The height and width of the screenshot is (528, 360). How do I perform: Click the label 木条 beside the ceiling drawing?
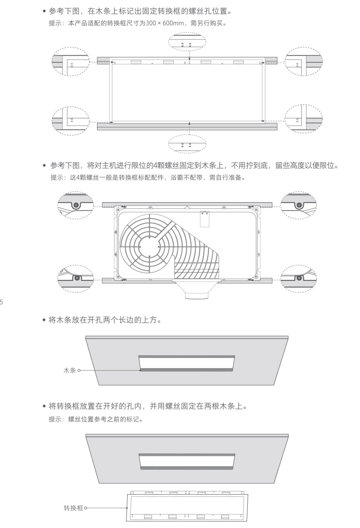[70, 370]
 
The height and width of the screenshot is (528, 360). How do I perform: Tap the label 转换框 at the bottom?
[73, 508]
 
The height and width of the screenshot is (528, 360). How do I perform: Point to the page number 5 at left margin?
[1, 302]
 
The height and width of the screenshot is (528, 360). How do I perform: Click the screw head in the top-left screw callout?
[76, 205]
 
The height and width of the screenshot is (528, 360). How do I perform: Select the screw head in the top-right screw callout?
[299, 205]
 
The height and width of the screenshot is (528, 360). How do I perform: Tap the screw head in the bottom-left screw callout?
[77, 278]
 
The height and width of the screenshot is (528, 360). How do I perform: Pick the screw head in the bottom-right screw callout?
[299, 278]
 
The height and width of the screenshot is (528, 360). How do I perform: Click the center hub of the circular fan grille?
[149, 247]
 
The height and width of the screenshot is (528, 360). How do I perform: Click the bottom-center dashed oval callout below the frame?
[187, 144]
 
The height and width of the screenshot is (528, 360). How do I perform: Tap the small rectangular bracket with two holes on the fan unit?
[205, 219]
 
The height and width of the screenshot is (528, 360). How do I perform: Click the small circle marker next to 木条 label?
[79, 370]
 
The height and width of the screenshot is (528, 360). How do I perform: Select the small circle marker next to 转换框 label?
[86, 508]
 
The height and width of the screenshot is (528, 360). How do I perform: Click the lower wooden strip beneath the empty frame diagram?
[187, 126]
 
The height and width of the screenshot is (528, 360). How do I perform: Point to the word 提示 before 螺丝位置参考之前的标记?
[55, 419]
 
